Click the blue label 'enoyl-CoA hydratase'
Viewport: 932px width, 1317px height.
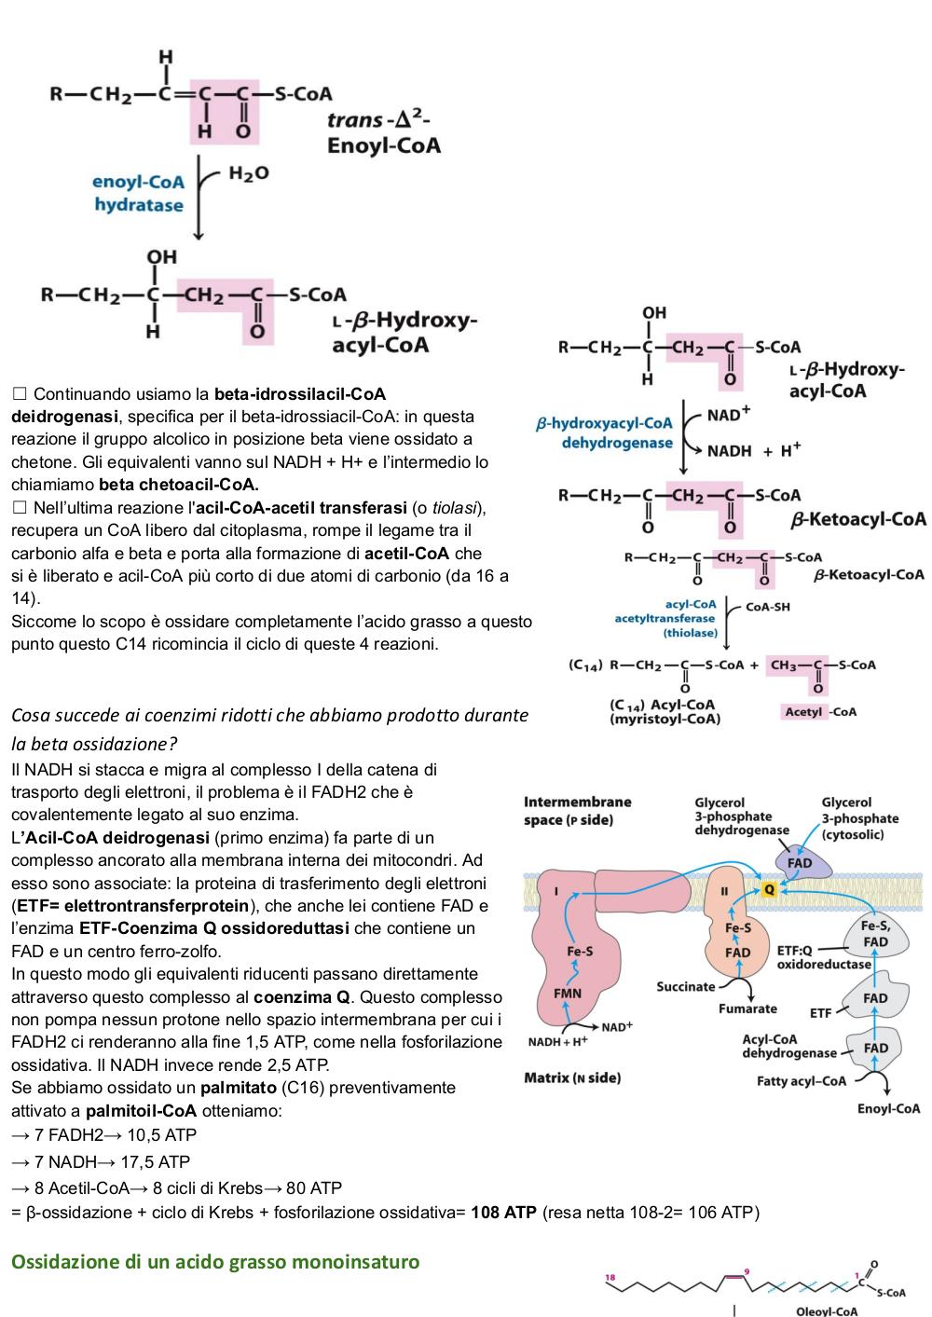pyautogui.click(x=139, y=193)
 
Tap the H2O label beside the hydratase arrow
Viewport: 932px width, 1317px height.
pyautogui.click(x=248, y=173)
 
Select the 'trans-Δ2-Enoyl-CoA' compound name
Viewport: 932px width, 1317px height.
pyautogui.click(x=383, y=133)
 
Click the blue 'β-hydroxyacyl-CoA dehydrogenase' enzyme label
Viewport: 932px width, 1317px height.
pyautogui.click(x=604, y=432)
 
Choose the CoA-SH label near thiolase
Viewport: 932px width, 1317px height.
pyautogui.click(x=767, y=607)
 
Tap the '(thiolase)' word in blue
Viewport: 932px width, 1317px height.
pyautogui.click(x=691, y=633)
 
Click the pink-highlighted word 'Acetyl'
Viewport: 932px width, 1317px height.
pyautogui.click(x=803, y=711)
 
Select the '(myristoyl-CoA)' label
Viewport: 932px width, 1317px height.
pyautogui.click(x=665, y=719)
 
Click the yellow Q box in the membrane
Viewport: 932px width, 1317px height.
pyautogui.click(x=769, y=889)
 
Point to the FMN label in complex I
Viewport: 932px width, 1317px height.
pyautogui.click(x=568, y=994)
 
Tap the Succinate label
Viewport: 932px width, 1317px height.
pyautogui.click(x=686, y=986)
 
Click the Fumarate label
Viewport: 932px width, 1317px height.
pyautogui.click(x=747, y=1008)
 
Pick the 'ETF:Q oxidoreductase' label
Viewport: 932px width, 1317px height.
pyautogui.click(x=824, y=957)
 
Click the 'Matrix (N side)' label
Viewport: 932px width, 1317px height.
pyautogui.click(x=572, y=1077)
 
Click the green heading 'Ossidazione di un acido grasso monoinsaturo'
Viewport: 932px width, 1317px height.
pyautogui.click(x=215, y=1262)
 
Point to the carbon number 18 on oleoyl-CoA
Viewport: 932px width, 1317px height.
pyautogui.click(x=610, y=1278)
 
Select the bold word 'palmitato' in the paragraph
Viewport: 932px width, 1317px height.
pyautogui.click(x=239, y=1088)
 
